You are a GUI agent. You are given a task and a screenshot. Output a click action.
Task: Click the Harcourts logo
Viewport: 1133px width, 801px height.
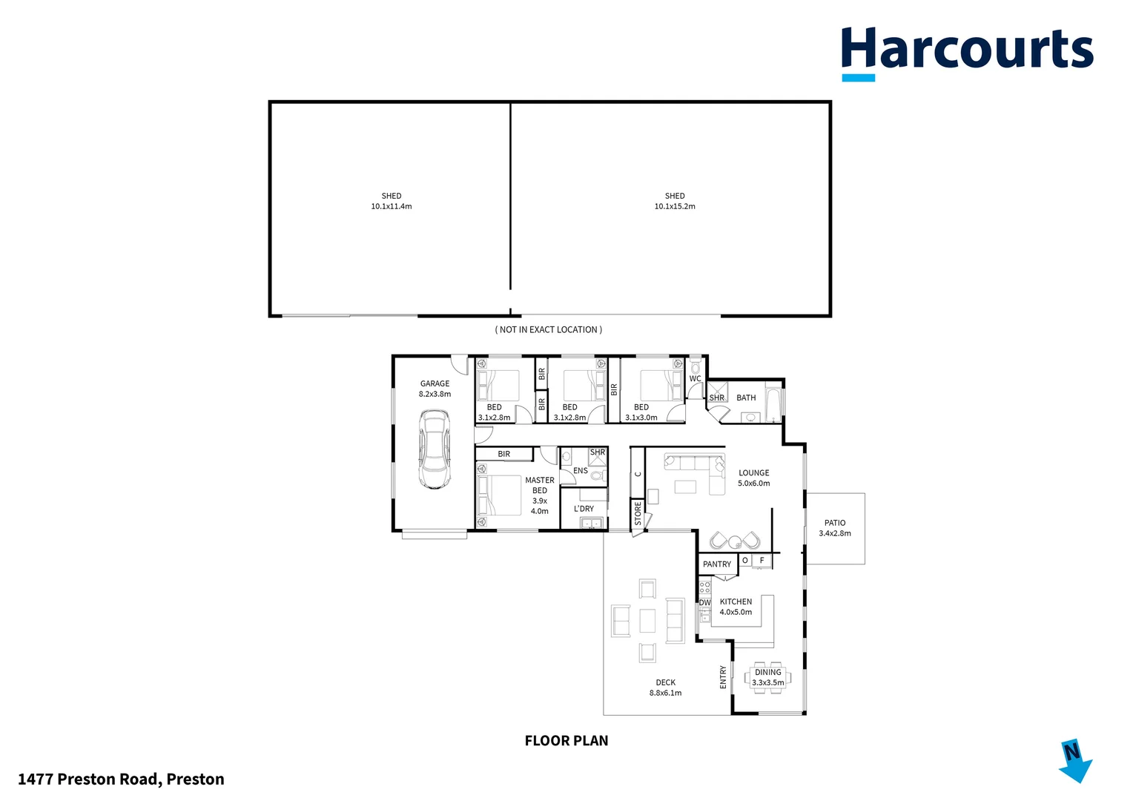[x=966, y=50]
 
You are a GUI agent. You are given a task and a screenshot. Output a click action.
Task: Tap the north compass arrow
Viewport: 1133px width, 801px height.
[x=1074, y=760]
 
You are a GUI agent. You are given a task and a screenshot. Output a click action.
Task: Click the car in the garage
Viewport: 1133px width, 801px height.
[x=434, y=449]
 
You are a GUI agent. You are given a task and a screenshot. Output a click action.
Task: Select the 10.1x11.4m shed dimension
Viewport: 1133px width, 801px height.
[x=392, y=207]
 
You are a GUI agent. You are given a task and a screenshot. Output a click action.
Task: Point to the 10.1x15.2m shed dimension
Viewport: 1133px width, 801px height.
[x=675, y=207]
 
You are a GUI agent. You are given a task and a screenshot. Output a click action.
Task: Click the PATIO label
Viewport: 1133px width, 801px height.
[x=835, y=523]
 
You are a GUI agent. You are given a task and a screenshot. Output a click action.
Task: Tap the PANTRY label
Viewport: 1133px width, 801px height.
[x=717, y=564]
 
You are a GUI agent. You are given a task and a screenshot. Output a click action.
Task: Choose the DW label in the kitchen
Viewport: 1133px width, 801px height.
[x=704, y=603]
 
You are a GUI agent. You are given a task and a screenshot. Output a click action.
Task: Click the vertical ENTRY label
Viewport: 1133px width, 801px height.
[x=723, y=677]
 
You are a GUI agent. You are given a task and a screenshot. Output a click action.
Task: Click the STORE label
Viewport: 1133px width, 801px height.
[x=638, y=513]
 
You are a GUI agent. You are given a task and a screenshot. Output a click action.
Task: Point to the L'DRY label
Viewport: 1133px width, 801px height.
[x=584, y=509]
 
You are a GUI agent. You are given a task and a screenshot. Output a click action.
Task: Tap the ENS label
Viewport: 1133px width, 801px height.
[x=581, y=471]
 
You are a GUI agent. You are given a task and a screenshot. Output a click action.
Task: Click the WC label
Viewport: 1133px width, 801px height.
[x=695, y=379]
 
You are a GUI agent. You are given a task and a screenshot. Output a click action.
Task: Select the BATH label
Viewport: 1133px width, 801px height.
[x=746, y=398]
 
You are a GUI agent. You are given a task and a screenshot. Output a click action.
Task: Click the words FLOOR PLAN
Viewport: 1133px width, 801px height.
[x=566, y=741]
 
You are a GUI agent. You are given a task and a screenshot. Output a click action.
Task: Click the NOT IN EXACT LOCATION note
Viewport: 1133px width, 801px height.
[x=549, y=330]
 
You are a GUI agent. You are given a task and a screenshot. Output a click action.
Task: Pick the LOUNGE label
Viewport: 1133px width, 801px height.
[x=754, y=473]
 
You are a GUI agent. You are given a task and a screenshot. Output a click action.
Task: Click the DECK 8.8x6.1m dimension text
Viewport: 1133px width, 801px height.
[x=666, y=693]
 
